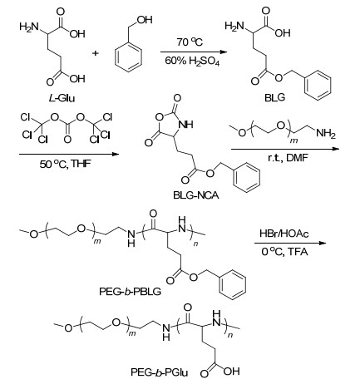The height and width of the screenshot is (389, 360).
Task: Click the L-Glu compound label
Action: coord(62,98)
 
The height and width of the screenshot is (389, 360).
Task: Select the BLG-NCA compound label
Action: coord(196,195)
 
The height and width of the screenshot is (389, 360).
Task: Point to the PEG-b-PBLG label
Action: coord(130,292)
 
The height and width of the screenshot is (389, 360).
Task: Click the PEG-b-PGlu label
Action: coord(160,372)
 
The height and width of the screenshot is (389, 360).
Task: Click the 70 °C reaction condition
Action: coord(190,42)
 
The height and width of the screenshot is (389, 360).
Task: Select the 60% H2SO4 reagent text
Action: coord(192,61)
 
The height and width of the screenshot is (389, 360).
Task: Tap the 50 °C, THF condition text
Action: coord(65,165)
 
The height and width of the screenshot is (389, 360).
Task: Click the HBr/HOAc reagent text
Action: coord(284,234)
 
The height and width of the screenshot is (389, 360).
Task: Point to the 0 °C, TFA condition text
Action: coord(284,252)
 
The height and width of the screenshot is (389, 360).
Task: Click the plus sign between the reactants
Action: coord(96,52)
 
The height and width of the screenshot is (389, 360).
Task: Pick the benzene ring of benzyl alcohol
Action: coord(128,58)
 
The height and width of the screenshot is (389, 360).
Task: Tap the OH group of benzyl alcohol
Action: coord(145,20)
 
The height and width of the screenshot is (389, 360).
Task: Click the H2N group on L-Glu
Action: coord(28,27)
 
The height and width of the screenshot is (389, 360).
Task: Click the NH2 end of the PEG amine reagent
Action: coord(326,134)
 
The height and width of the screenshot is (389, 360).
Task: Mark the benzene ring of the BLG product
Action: coord(318,86)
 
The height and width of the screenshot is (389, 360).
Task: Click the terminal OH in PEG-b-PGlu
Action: coord(231,372)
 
